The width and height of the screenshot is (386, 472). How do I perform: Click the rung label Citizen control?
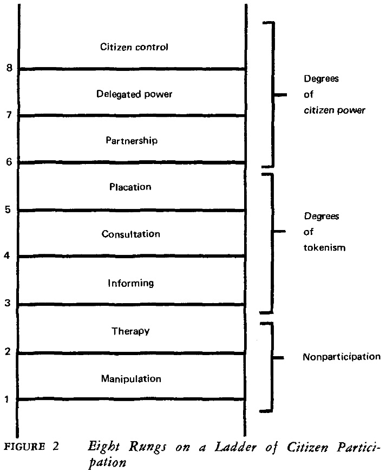click(135, 47)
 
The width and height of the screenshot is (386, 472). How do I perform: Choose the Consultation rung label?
click(131, 234)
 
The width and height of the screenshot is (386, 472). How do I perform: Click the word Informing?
click(131, 283)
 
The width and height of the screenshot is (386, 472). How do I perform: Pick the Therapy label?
click(130, 331)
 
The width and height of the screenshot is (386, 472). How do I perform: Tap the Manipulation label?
click(131, 378)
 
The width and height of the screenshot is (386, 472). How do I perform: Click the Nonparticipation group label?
click(341, 358)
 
